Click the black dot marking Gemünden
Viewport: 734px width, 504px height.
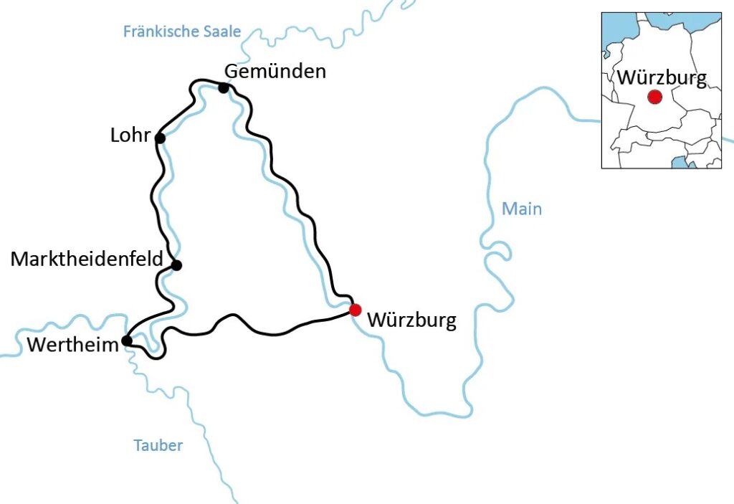(x=224, y=88)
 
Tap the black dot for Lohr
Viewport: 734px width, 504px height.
(x=160, y=138)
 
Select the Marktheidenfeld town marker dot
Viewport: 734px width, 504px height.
(x=176, y=265)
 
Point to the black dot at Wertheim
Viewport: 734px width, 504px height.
(x=127, y=341)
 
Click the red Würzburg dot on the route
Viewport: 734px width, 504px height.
(x=355, y=310)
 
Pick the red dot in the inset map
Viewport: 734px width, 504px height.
(x=654, y=97)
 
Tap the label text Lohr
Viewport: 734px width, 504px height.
(x=130, y=135)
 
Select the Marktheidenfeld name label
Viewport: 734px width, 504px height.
(x=87, y=259)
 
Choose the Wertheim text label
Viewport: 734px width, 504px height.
(x=72, y=345)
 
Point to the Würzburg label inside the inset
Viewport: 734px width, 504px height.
(x=662, y=77)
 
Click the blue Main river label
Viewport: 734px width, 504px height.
(x=522, y=209)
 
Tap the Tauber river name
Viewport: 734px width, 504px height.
(x=158, y=445)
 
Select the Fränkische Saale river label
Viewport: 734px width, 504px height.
(x=182, y=32)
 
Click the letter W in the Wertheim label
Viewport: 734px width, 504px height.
(x=37, y=345)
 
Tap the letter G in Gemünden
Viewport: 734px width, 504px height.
(x=232, y=71)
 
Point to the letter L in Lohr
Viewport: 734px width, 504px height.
(x=115, y=135)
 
